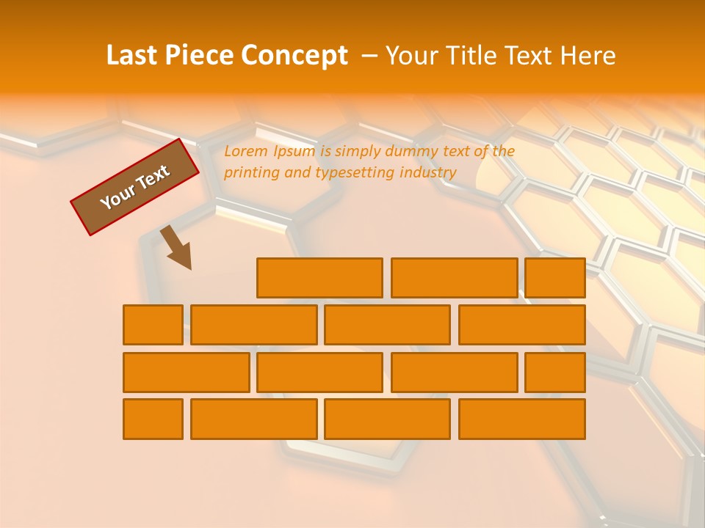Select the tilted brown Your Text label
click(x=135, y=186)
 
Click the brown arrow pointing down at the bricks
click(x=176, y=247)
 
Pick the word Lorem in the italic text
click(x=245, y=151)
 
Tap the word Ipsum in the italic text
click(x=293, y=151)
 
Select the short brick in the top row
click(x=555, y=277)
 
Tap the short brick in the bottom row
click(x=153, y=419)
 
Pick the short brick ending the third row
click(x=555, y=372)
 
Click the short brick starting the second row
click(x=153, y=324)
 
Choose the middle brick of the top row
click(x=454, y=277)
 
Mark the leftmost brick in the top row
click(x=319, y=277)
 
